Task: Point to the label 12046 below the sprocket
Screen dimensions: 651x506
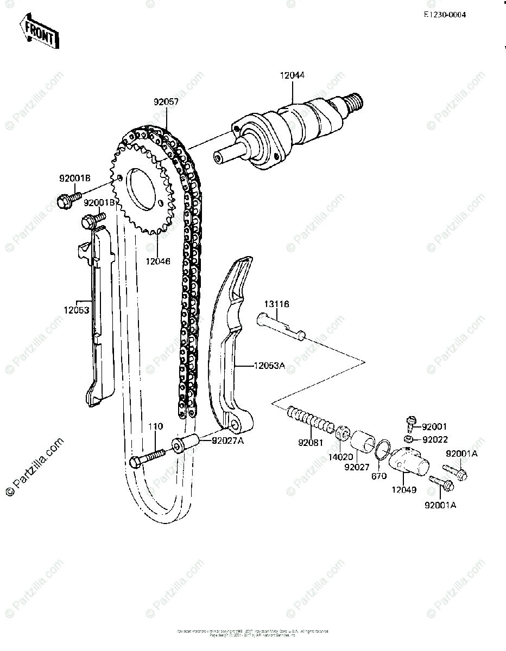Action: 157,261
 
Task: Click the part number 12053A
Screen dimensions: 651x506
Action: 269,366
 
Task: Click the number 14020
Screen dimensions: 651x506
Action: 339,457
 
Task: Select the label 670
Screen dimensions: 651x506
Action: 378,476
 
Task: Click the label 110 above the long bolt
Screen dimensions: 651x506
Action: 156,427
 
